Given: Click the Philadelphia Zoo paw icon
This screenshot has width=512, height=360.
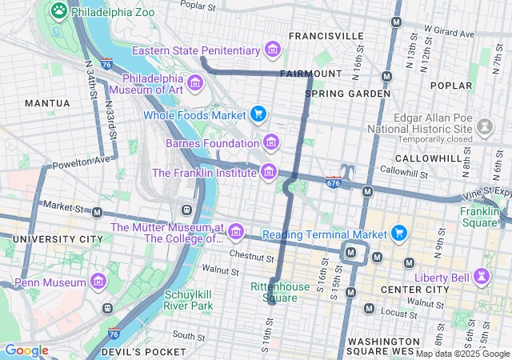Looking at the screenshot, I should pos(58,10).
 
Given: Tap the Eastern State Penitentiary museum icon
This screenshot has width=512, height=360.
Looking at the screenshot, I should pos(273,50).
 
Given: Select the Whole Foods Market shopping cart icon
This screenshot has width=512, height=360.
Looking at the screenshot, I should pos(258,114).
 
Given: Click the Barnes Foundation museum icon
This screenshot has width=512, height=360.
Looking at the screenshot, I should pos(272,142).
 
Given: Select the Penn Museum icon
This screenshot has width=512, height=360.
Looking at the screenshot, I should pos(98,282).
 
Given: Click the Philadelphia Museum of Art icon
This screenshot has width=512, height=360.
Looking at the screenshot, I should pos(195,82).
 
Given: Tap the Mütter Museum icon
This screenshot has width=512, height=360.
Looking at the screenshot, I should pos(235,232).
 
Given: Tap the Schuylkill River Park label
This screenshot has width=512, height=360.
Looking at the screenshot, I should pos(189,299).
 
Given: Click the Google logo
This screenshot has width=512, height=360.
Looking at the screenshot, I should pos(26,350).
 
